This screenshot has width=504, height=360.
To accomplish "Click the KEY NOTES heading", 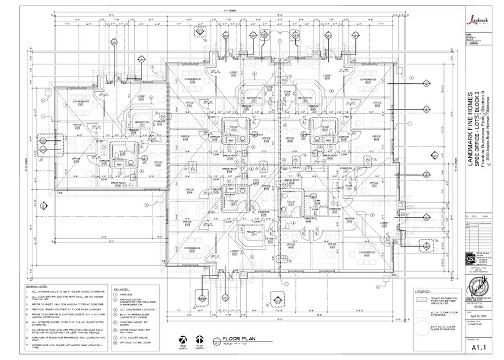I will click(122, 285).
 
